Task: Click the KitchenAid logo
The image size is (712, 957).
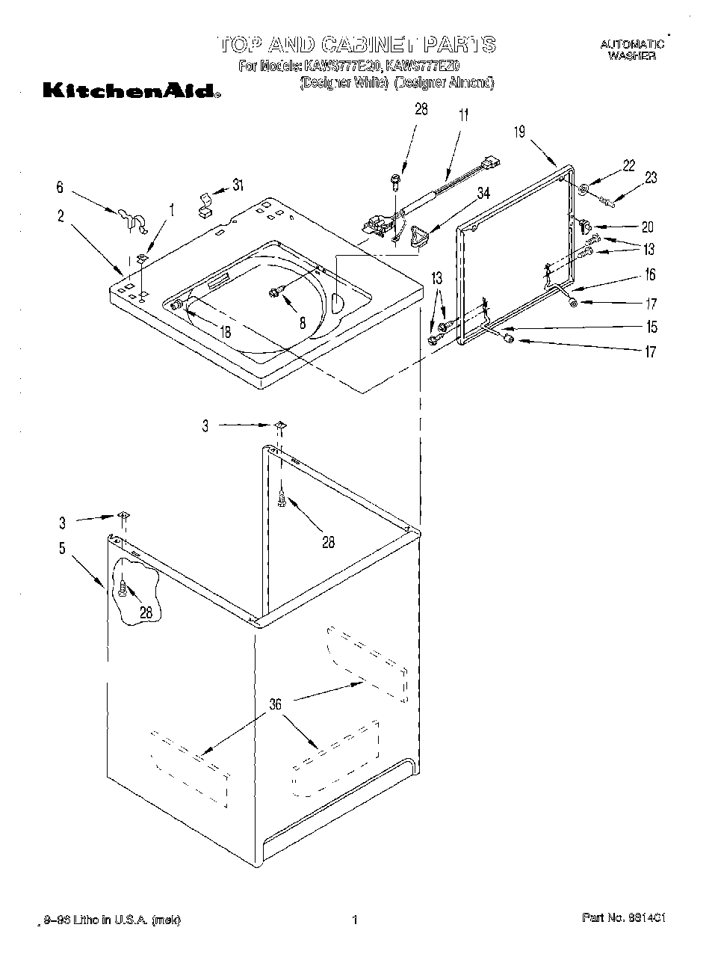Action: [131, 93]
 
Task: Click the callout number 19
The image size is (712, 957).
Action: [520, 132]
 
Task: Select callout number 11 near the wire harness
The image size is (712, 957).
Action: [464, 115]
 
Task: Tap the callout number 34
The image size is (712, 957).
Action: [483, 194]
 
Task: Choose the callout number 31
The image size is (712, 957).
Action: [238, 185]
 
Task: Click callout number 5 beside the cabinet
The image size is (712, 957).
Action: [62, 548]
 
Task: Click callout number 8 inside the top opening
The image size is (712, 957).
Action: [302, 323]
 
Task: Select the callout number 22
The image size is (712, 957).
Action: [628, 165]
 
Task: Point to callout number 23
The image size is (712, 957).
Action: [651, 179]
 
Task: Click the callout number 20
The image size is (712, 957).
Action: [647, 227]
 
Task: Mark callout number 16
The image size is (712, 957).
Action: [650, 275]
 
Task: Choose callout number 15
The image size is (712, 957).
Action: [652, 327]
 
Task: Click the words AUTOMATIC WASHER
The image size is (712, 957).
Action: [631, 50]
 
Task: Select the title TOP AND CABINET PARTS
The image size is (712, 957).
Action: [356, 44]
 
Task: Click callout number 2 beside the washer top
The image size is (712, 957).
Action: [60, 217]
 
